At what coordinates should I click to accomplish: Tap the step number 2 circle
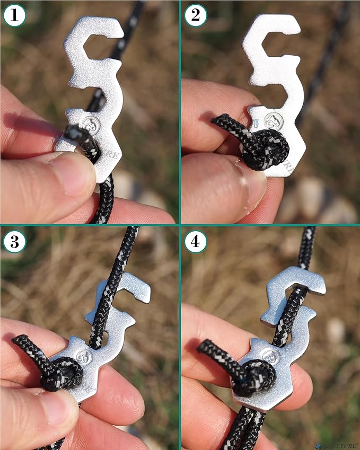click(196, 15)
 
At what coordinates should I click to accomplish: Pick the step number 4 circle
click(196, 242)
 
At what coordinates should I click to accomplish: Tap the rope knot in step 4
click(255, 377)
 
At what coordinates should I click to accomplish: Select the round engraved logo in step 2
click(272, 122)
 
